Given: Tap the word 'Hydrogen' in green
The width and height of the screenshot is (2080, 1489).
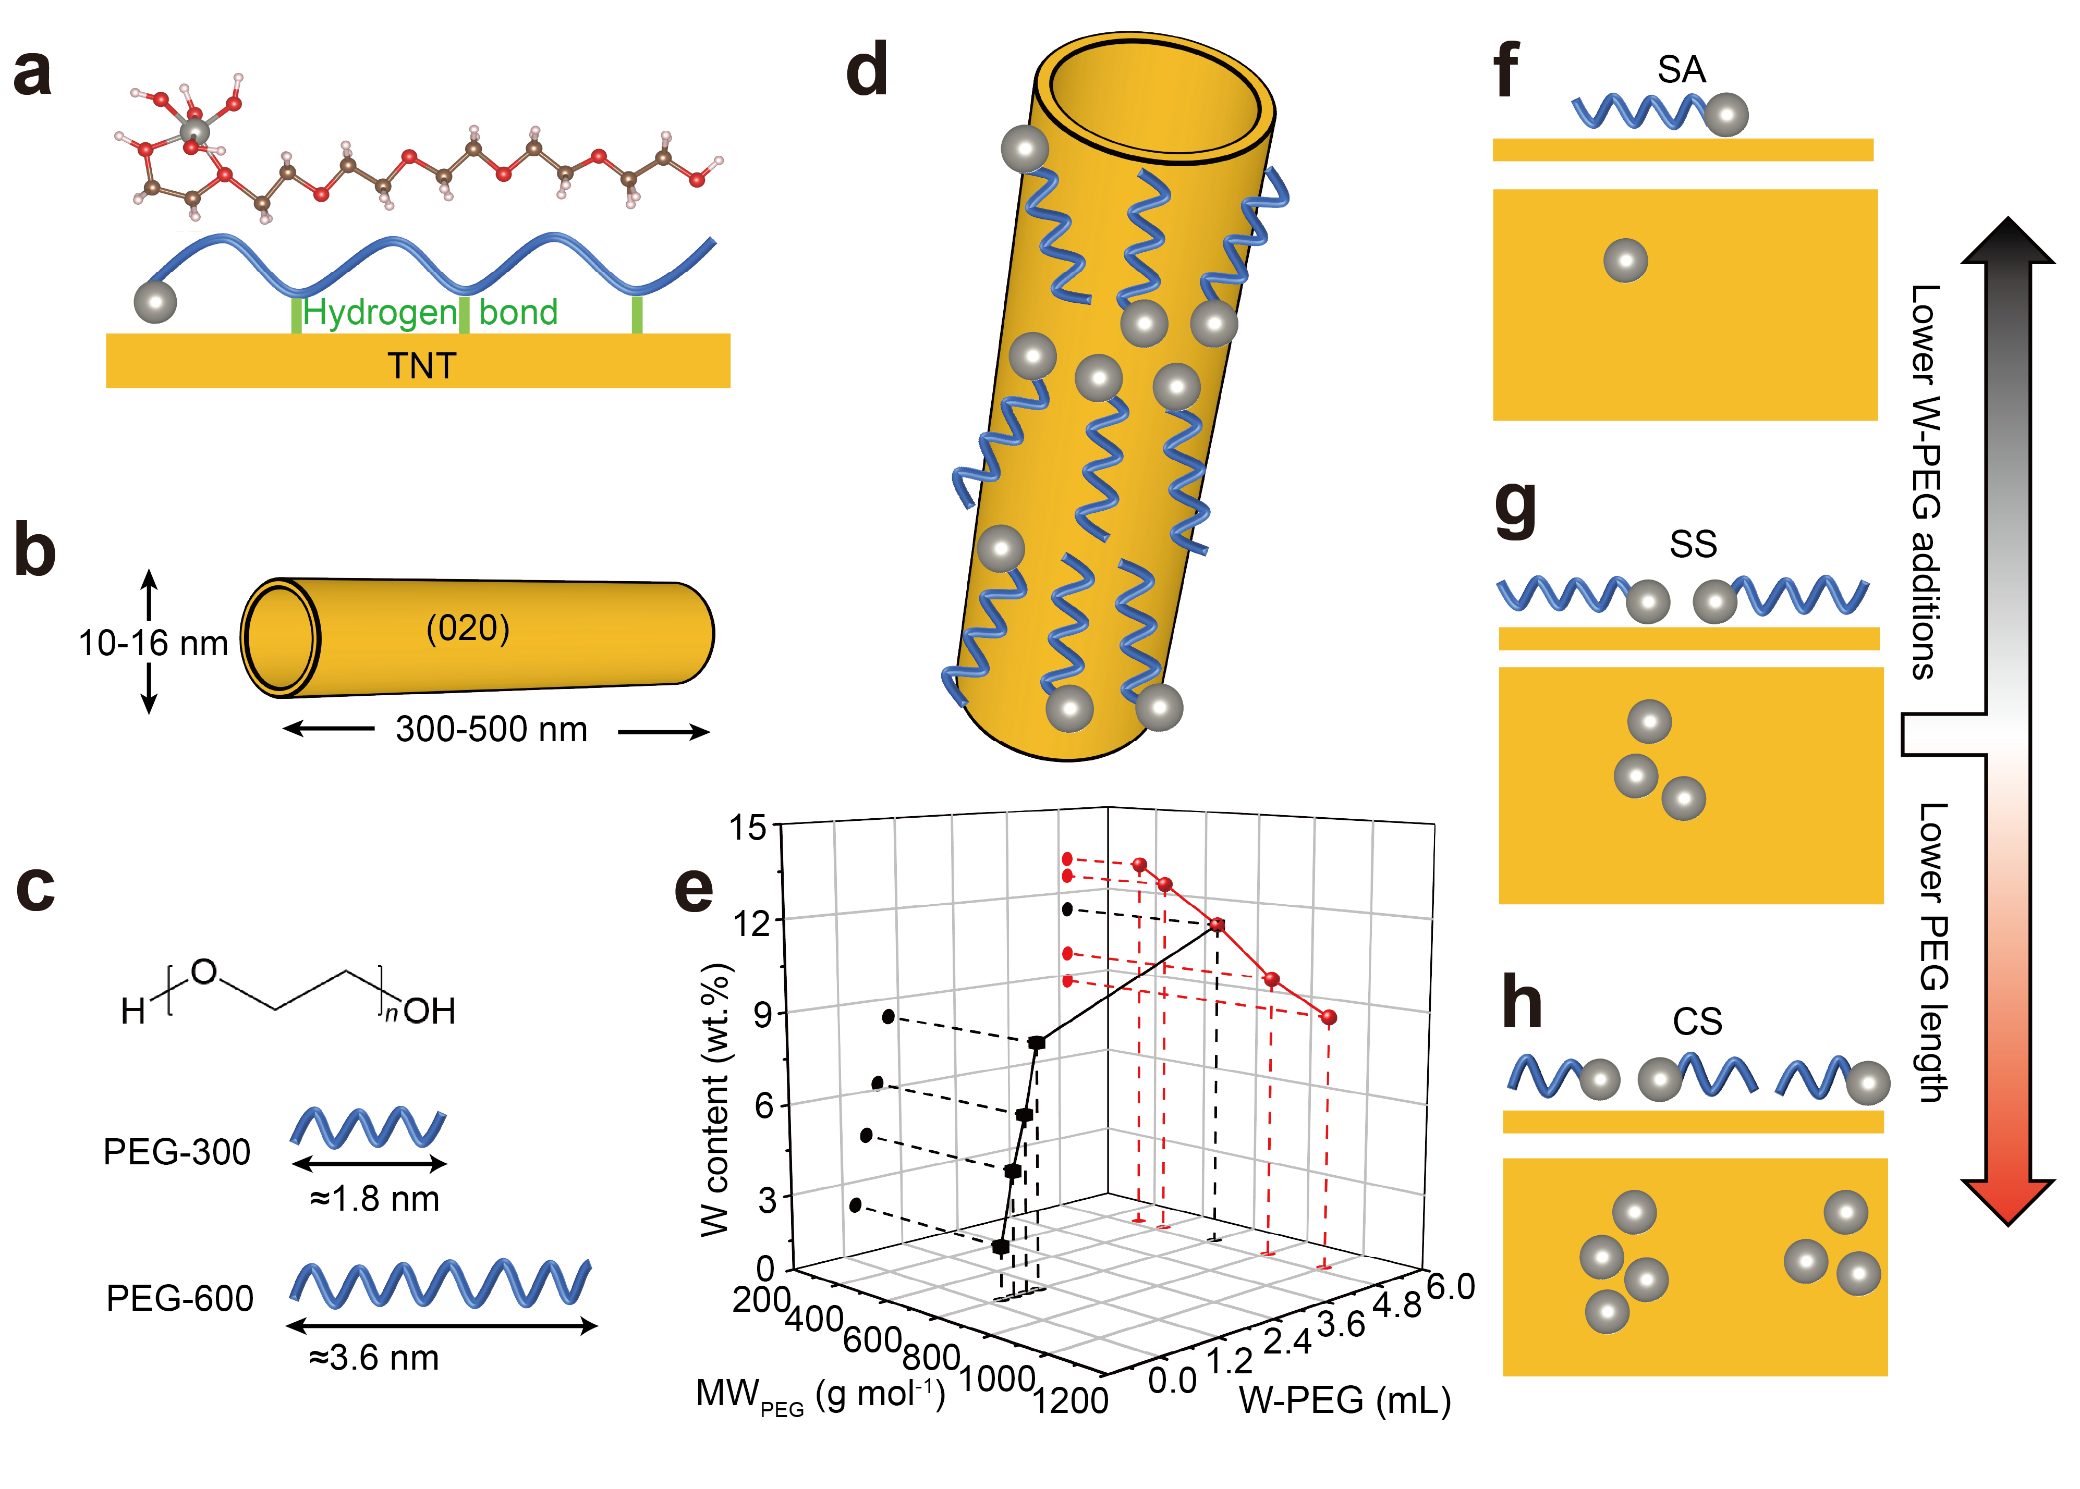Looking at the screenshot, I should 379,313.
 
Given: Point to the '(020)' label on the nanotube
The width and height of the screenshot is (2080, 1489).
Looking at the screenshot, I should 468,628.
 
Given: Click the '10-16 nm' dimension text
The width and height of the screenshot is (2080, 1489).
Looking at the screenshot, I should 152,644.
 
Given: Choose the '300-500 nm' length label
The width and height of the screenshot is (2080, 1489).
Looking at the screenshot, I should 492,730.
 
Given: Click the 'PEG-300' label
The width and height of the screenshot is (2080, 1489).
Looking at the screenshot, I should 176,1152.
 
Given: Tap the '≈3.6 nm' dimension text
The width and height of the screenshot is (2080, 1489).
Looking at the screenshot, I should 374,1358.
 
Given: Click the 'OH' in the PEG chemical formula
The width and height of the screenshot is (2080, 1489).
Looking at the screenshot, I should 429,1011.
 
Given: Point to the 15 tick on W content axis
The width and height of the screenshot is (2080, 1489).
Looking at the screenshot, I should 747,827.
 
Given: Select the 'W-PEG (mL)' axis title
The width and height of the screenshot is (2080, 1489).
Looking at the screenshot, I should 1344,1400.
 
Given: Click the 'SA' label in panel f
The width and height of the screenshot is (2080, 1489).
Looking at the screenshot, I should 1681,70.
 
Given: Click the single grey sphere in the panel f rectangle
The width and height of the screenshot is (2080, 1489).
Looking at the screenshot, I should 1625,261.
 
